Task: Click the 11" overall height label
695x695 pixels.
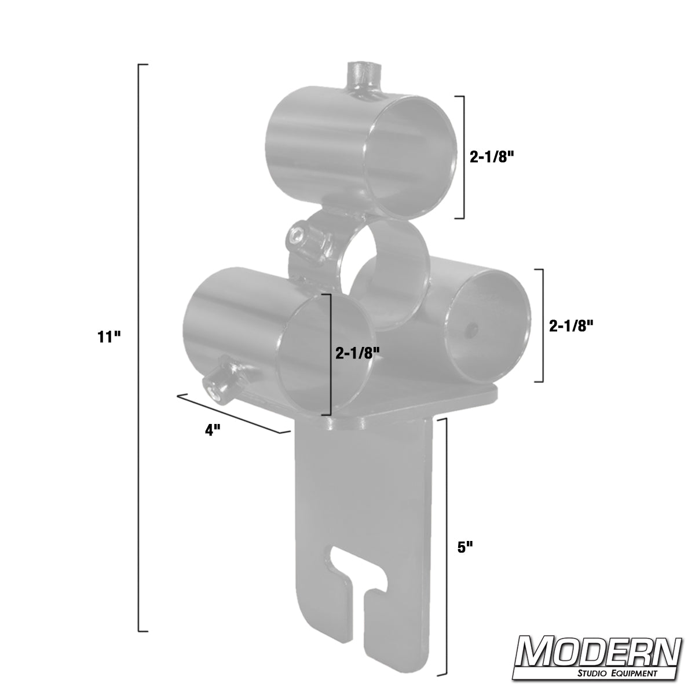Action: point(108,337)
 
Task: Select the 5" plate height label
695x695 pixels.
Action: point(464,547)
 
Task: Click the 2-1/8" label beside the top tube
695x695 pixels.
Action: point(492,156)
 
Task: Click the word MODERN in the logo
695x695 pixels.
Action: point(598,653)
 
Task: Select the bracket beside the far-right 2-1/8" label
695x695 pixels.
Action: point(542,325)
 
